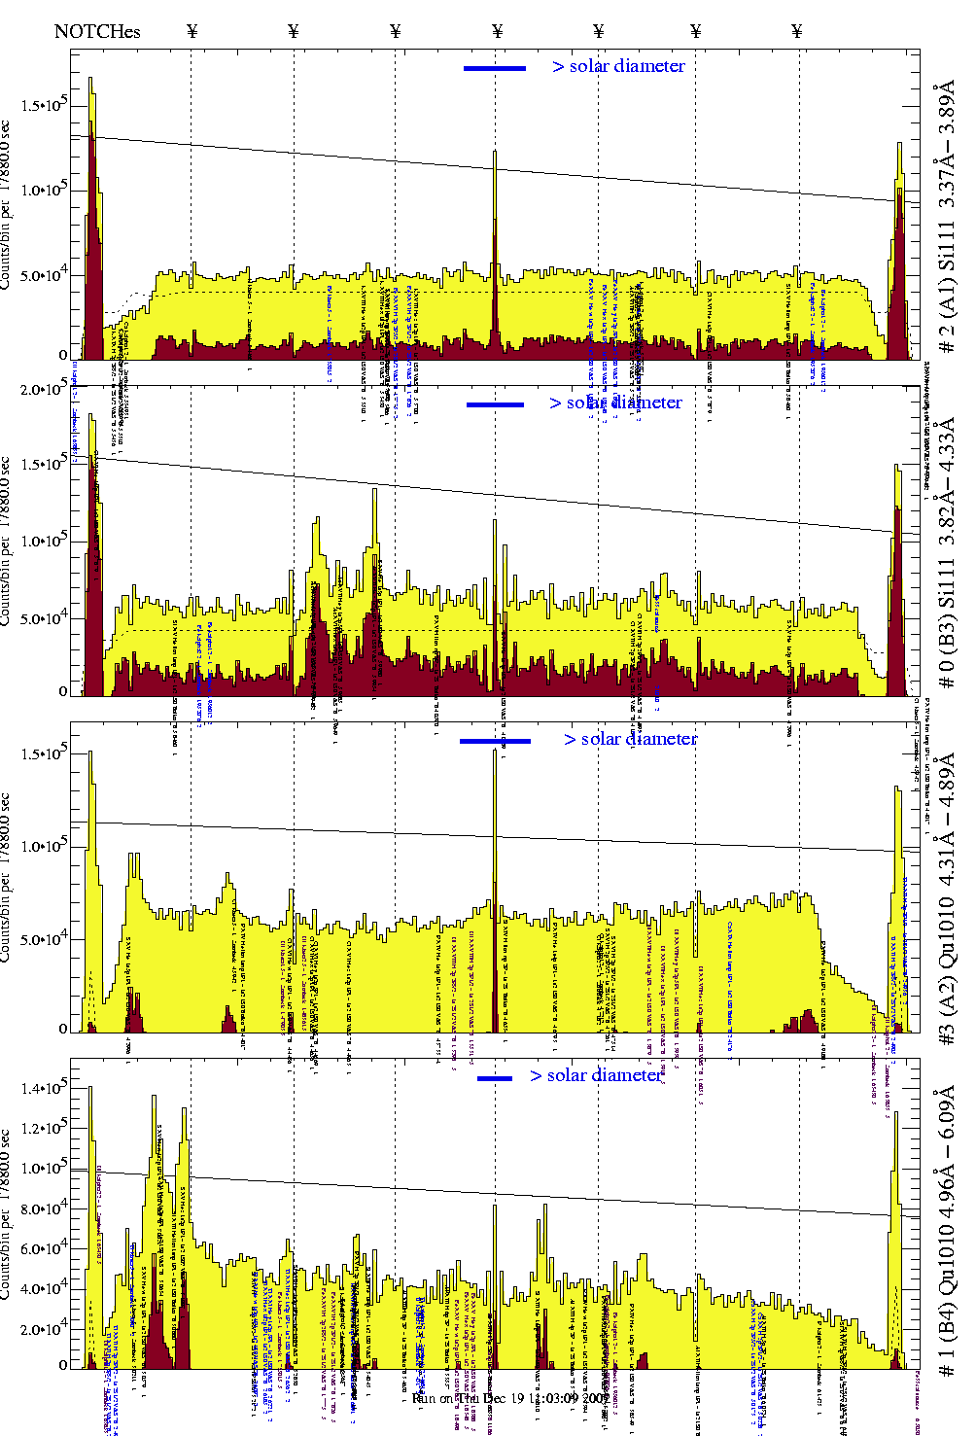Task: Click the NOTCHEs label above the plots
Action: point(97,31)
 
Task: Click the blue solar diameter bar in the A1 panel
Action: point(495,68)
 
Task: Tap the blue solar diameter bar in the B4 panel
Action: point(495,1078)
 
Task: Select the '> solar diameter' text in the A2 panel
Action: point(630,739)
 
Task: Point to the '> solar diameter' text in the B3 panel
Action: point(615,403)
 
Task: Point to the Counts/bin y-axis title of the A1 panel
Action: point(8,204)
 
